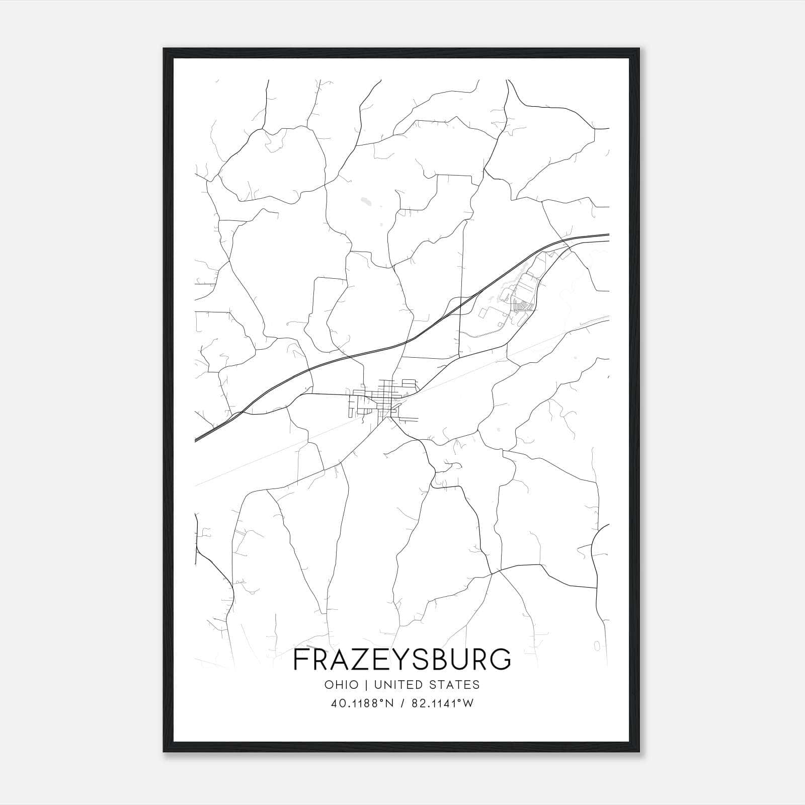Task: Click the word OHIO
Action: pos(342,684)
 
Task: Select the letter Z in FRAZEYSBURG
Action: pos(361,660)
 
